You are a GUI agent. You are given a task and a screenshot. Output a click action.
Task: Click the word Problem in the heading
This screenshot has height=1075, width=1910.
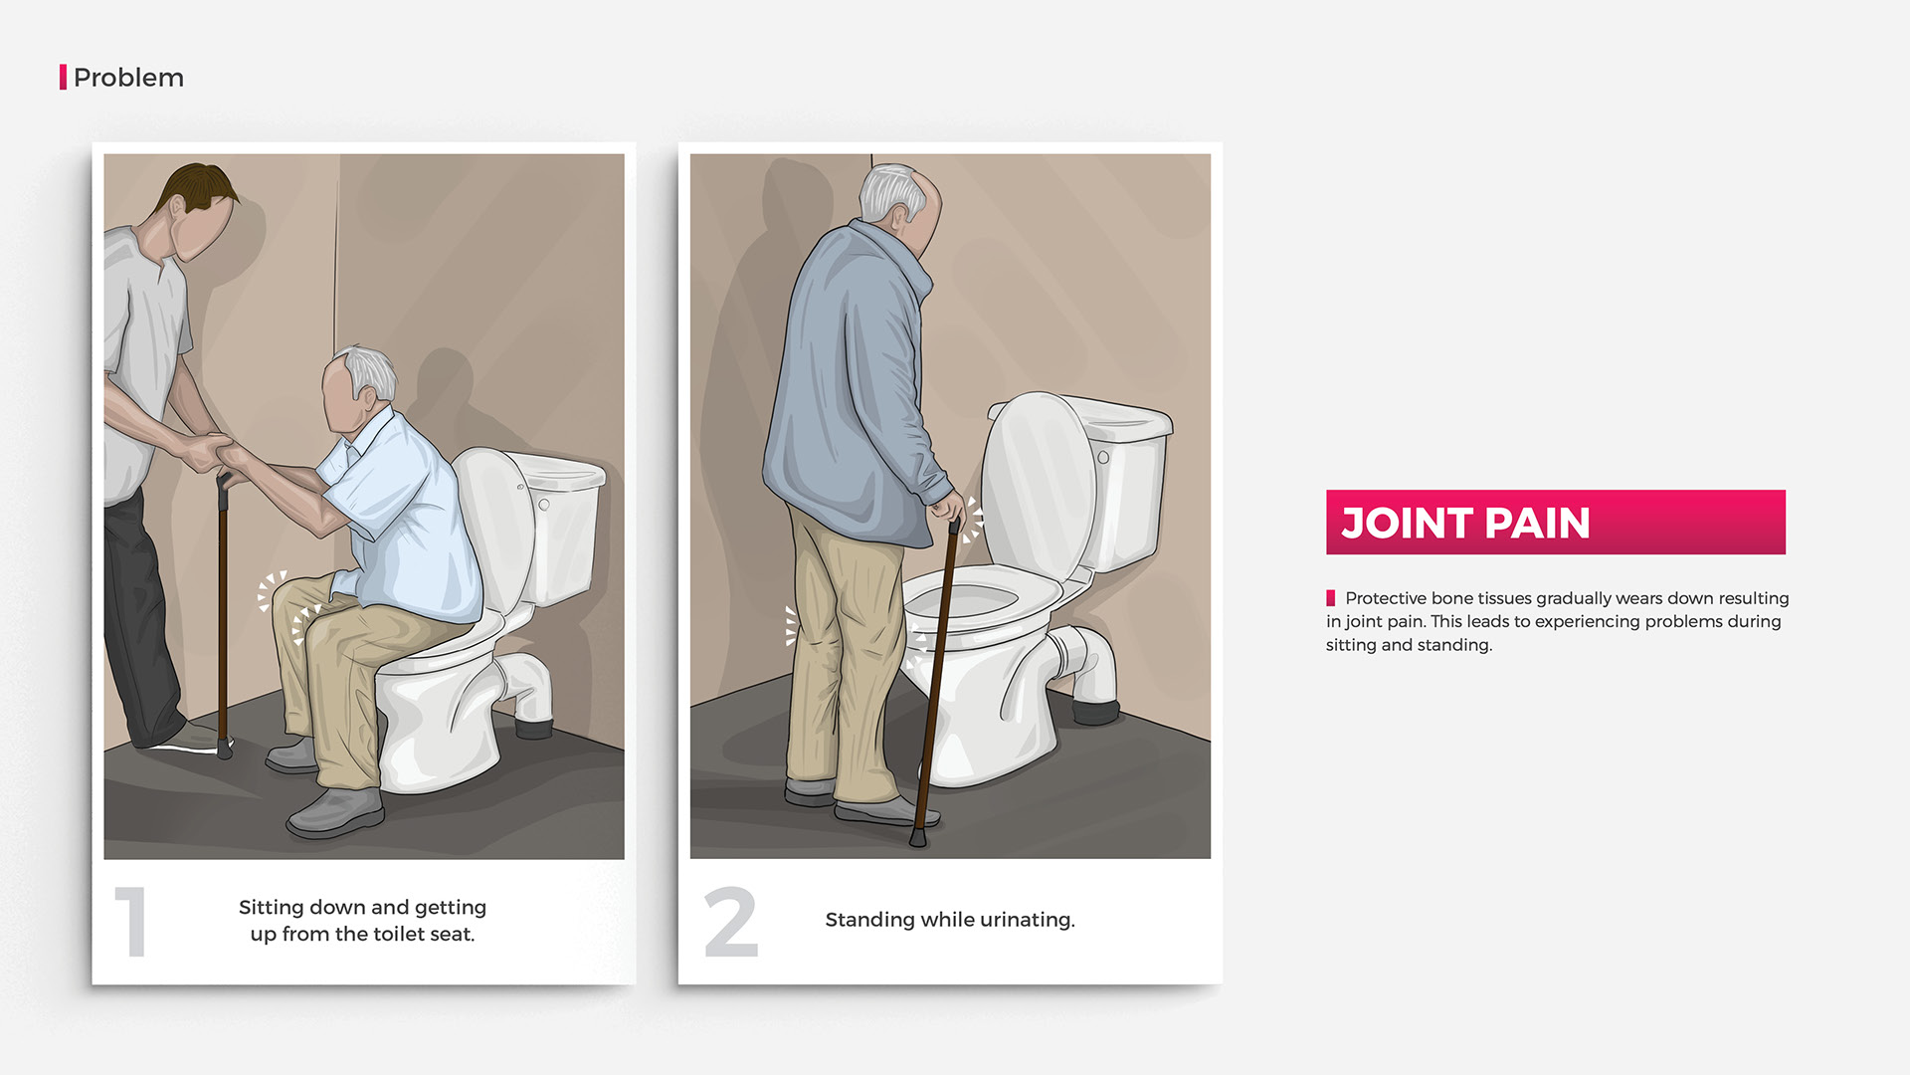pyautogui.click(x=128, y=78)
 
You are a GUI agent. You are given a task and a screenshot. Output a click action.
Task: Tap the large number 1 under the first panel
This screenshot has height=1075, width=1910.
pyautogui.click(x=131, y=922)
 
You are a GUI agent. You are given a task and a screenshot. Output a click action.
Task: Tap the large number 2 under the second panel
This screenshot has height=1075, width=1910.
pyautogui.click(x=731, y=922)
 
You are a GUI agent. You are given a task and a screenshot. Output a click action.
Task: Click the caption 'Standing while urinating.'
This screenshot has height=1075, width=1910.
pyautogui.click(x=950, y=920)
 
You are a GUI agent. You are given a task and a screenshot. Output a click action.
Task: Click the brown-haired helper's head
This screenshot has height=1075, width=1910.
pyautogui.click(x=200, y=209)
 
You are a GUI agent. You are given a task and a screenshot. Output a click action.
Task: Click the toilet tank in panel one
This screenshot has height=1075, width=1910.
pyautogui.click(x=561, y=528)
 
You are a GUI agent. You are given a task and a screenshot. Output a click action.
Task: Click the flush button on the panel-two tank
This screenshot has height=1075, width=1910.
pyautogui.click(x=1103, y=458)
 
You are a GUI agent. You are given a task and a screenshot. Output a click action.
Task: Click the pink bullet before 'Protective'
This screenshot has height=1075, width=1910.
pyautogui.click(x=1331, y=598)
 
